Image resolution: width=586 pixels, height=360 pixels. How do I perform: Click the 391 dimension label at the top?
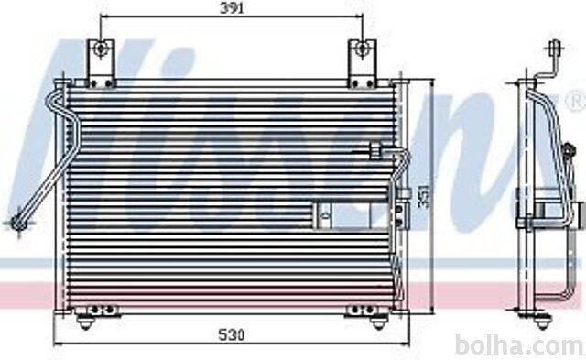(x=232, y=8)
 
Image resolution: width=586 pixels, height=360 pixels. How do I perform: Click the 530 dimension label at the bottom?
(x=232, y=334)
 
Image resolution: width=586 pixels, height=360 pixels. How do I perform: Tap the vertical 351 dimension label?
(x=424, y=196)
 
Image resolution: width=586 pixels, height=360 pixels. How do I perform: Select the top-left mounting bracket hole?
(x=101, y=49)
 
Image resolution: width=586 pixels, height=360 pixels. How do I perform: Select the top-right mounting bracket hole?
(x=362, y=49)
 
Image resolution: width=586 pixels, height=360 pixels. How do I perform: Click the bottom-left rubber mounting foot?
(x=85, y=322)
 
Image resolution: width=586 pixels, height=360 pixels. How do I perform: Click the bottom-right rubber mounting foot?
(x=378, y=322)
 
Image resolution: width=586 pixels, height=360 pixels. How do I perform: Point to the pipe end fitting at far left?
(x=18, y=224)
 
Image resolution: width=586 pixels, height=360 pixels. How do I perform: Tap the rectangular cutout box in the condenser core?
(x=352, y=215)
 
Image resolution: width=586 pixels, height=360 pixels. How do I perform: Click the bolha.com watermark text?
(x=520, y=344)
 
